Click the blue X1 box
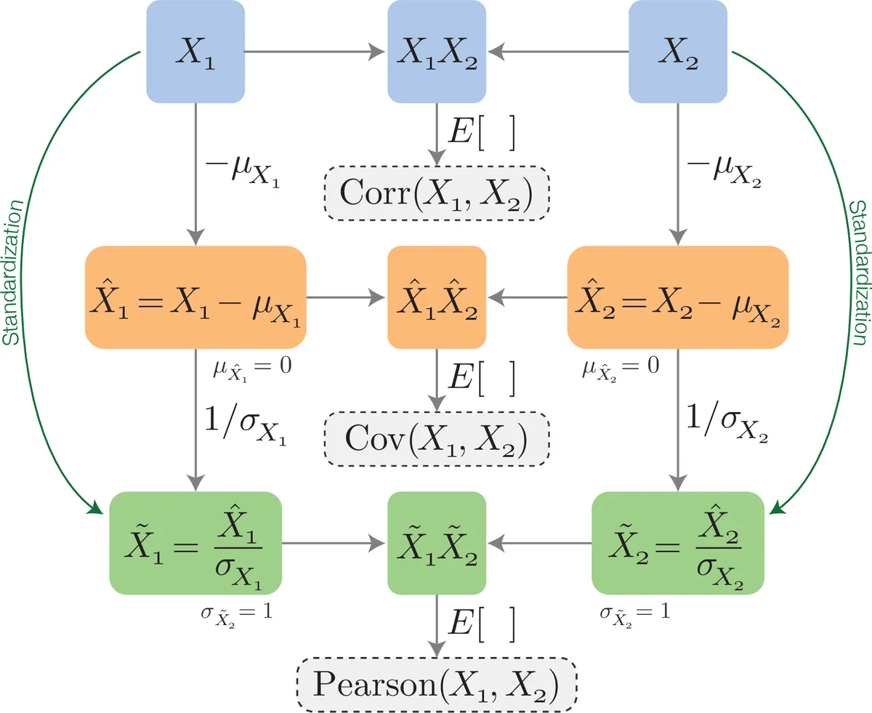click(x=195, y=52)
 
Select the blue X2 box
click(x=677, y=52)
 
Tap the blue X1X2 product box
click(x=436, y=52)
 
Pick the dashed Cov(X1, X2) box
click(x=436, y=438)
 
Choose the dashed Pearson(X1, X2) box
click(x=436, y=685)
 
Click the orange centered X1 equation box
click(x=195, y=298)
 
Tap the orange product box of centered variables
click(x=436, y=298)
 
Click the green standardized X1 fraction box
click(x=195, y=543)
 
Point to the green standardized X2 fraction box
click(x=677, y=543)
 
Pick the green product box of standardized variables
click(x=436, y=543)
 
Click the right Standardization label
click(x=857, y=262)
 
